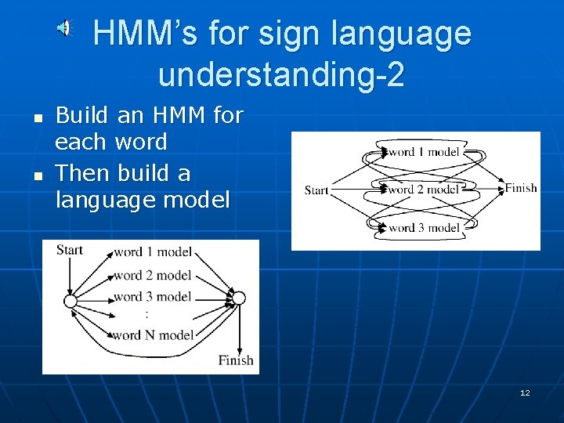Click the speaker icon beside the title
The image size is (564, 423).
pos(65,29)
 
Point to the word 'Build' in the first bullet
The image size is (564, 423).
pos(81,116)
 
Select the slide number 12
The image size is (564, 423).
pos(525,392)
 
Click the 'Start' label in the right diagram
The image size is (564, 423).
pos(316,190)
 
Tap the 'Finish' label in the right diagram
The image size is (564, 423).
pos(521,188)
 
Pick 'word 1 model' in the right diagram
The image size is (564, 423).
pos(424,152)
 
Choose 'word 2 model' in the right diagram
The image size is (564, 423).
pos(424,190)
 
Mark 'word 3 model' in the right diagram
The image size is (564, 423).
pos(424,228)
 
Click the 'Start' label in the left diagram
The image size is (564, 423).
pos(69,250)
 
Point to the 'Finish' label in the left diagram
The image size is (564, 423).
pos(236,360)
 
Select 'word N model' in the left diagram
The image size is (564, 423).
pos(153,335)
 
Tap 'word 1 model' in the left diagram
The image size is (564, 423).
pos(153,253)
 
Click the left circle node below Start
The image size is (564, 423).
pos(70,301)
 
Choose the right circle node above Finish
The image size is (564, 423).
pos(239,298)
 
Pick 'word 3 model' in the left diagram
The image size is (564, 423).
pos(153,297)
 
